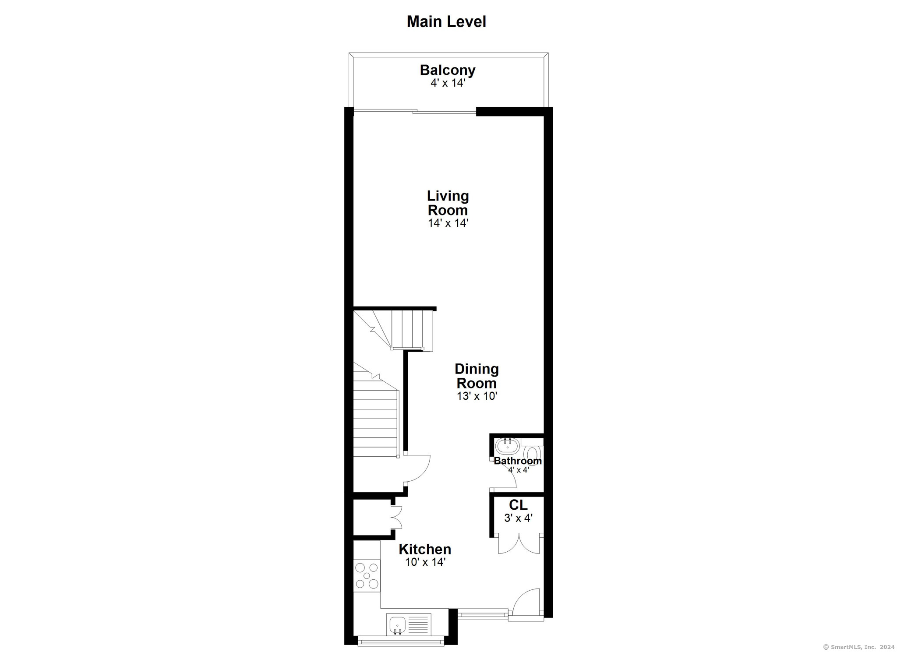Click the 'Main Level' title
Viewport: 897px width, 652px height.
pyautogui.click(x=446, y=21)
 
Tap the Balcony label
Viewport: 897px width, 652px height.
pyautogui.click(x=448, y=70)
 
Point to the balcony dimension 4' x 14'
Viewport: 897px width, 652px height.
pyautogui.click(x=448, y=83)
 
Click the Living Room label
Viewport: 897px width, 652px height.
pyautogui.click(x=448, y=203)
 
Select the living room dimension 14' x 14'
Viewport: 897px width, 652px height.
pyautogui.click(x=448, y=223)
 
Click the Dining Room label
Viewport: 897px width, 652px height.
pyautogui.click(x=477, y=376)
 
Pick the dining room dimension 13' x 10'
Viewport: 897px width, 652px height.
pyautogui.click(x=477, y=396)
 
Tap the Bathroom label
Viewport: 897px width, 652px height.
pyautogui.click(x=518, y=461)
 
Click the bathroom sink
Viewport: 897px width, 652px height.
pyautogui.click(x=507, y=447)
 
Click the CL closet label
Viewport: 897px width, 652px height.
pyautogui.click(x=518, y=505)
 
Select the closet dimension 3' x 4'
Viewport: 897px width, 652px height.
pyautogui.click(x=518, y=518)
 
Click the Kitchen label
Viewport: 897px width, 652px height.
pyautogui.click(x=425, y=549)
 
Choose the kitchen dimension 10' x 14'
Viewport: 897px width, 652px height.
pyautogui.click(x=425, y=562)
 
